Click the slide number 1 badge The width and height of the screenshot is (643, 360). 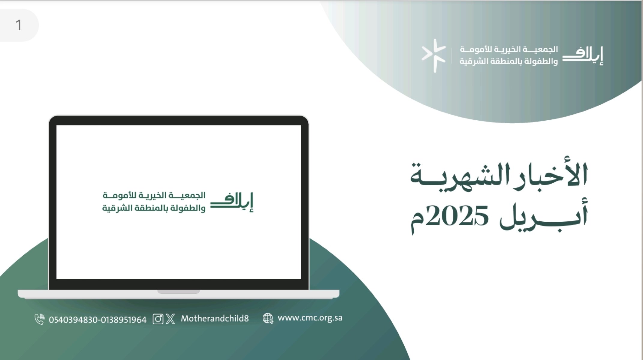[x=19, y=25]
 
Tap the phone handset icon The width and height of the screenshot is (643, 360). [x=39, y=319]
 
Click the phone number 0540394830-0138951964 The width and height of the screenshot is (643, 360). [x=98, y=320]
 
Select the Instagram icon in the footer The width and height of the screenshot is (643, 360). [x=158, y=319]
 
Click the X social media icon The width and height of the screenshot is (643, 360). [x=170, y=319]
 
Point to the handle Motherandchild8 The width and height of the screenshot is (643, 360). [x=215, y=318]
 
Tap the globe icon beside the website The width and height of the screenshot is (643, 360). [x=268, y=318]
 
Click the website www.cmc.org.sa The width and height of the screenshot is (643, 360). [x=310, y=318]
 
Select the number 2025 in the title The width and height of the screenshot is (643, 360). [x=457, y=215]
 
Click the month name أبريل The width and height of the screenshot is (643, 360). [x=543, y=215]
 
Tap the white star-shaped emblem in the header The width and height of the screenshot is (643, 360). [x=434, y=55]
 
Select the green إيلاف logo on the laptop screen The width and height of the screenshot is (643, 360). [x=232, y=202]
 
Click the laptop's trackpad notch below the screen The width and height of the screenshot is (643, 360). [x=179, y=292]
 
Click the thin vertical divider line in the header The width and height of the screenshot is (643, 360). [x=451, y=55]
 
